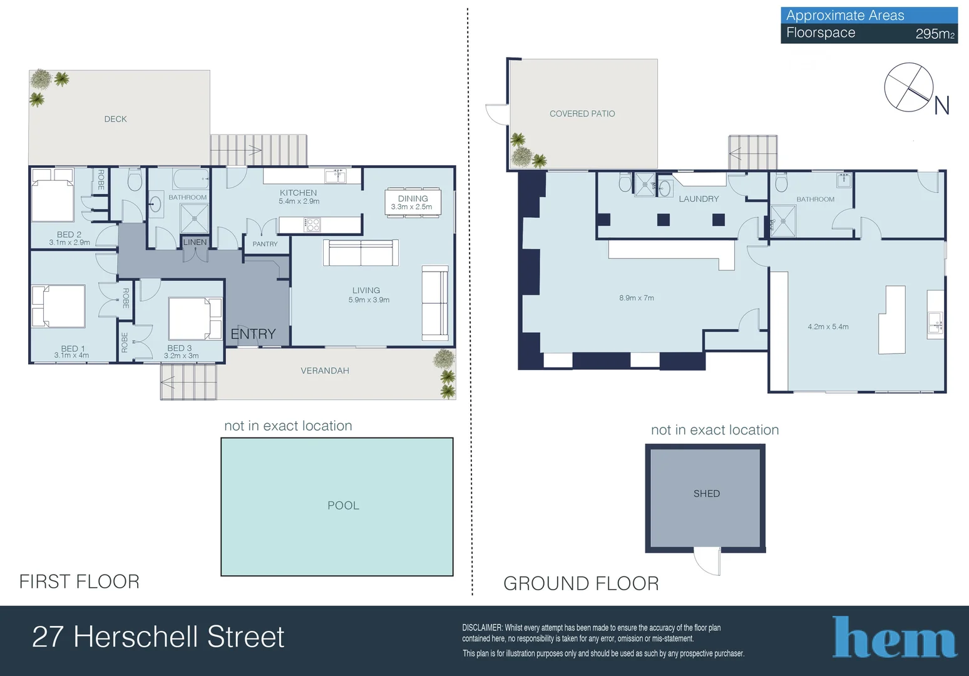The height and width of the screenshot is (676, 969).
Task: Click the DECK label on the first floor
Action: click(x=115, y=119)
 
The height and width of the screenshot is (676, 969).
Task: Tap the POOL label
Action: click(x=343, y=505)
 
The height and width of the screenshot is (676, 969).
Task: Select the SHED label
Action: click(x=706, y=493)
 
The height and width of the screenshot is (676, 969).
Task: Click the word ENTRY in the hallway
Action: click(x=253, y=334)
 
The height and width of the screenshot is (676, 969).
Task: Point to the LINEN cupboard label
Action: click(x=195, y=242)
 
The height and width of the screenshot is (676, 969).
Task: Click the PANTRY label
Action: click(x=265, y=244)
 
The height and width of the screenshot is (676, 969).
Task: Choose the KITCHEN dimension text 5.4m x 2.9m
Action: click(x=299, y=202)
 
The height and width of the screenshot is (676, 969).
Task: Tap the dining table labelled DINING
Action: click(x=413, y=202)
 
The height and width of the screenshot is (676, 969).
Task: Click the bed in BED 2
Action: click(x=53, y=195)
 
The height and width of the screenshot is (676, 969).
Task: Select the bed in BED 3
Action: click(x=195, y=319)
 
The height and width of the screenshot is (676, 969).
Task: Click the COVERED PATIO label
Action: click(x=582, y=114)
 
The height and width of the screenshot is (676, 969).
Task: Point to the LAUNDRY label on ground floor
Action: click(x=699, y=199)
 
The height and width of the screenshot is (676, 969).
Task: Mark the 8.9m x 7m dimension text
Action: click(x=636, y=298)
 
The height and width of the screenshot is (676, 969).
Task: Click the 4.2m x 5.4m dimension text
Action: click(x=828, y=327)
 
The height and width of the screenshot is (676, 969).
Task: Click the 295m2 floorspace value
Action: click(x=935, y=34)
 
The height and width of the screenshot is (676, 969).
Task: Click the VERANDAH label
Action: click(x=324, y=371)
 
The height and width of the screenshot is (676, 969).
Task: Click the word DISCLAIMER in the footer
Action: click(x=482, y=628)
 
